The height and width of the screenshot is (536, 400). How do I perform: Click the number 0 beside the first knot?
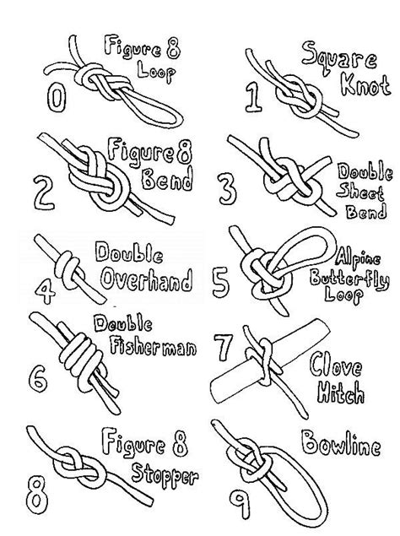click(57, 100)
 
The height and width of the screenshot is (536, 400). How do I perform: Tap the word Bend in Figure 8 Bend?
click(168, 181)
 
